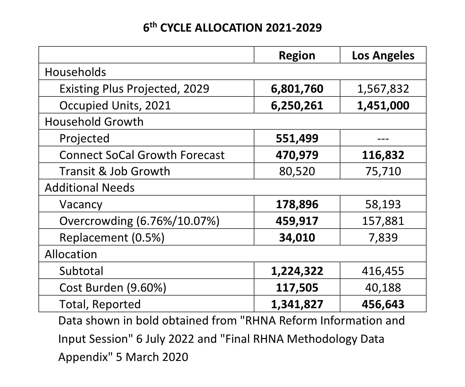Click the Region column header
coord(297,55)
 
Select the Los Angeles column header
coord(383,55)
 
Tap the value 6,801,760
coord(297,89)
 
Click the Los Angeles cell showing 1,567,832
coord(383,89)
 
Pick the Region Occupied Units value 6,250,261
coord(297,106)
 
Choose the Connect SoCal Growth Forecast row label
coord(142,155)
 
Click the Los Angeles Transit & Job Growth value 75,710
coord(383,171)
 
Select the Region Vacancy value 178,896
coord(297,204)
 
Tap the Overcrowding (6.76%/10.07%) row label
coord(139,221)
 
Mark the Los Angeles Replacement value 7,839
coord(383,237)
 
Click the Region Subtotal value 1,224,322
coord(297,271)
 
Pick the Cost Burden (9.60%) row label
coord(113,288)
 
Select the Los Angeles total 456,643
coord(383,304)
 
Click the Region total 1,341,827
coord(297,304)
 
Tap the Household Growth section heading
coord(94,122)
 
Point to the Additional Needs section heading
coord(90,188)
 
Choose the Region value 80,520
coord(297,171)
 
